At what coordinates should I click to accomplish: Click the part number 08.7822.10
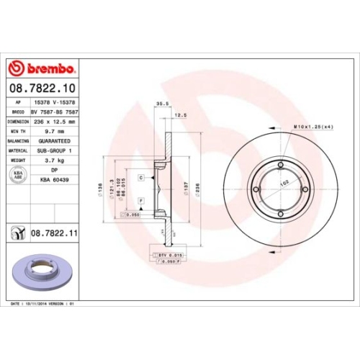click(42, 89)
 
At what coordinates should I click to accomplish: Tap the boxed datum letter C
click(141, 176)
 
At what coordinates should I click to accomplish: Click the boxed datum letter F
click(141, 198)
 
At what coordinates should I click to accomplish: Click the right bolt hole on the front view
click(305, 191)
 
